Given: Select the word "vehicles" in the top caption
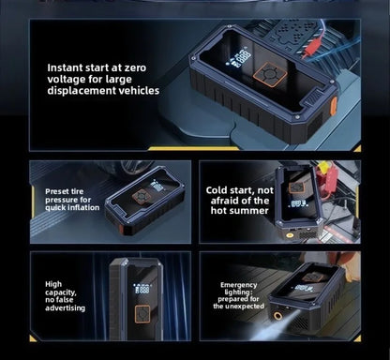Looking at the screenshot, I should tap(133, 91).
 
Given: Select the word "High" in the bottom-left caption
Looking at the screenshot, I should tap(53, 282).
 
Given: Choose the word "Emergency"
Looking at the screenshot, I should tap(238, 284).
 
